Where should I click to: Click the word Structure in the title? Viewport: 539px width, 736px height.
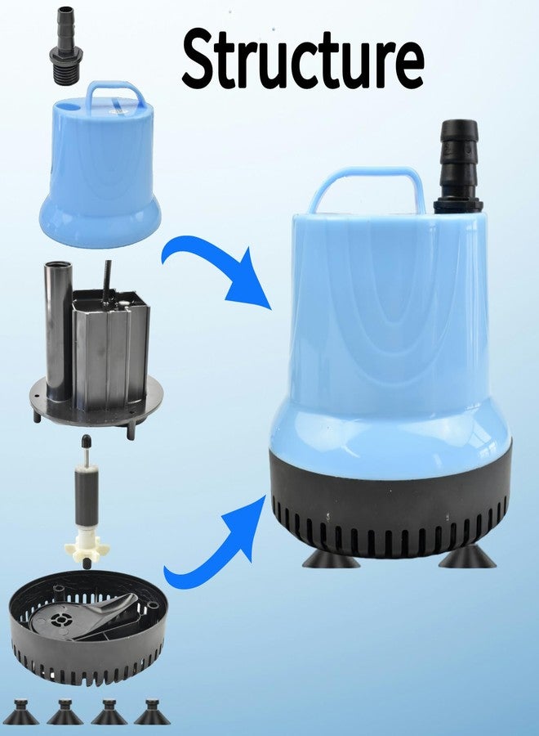coord(303,58)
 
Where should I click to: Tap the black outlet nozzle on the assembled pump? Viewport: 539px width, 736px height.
coord(458,164)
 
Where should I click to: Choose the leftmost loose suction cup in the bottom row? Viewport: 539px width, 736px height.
coord(21,714)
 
